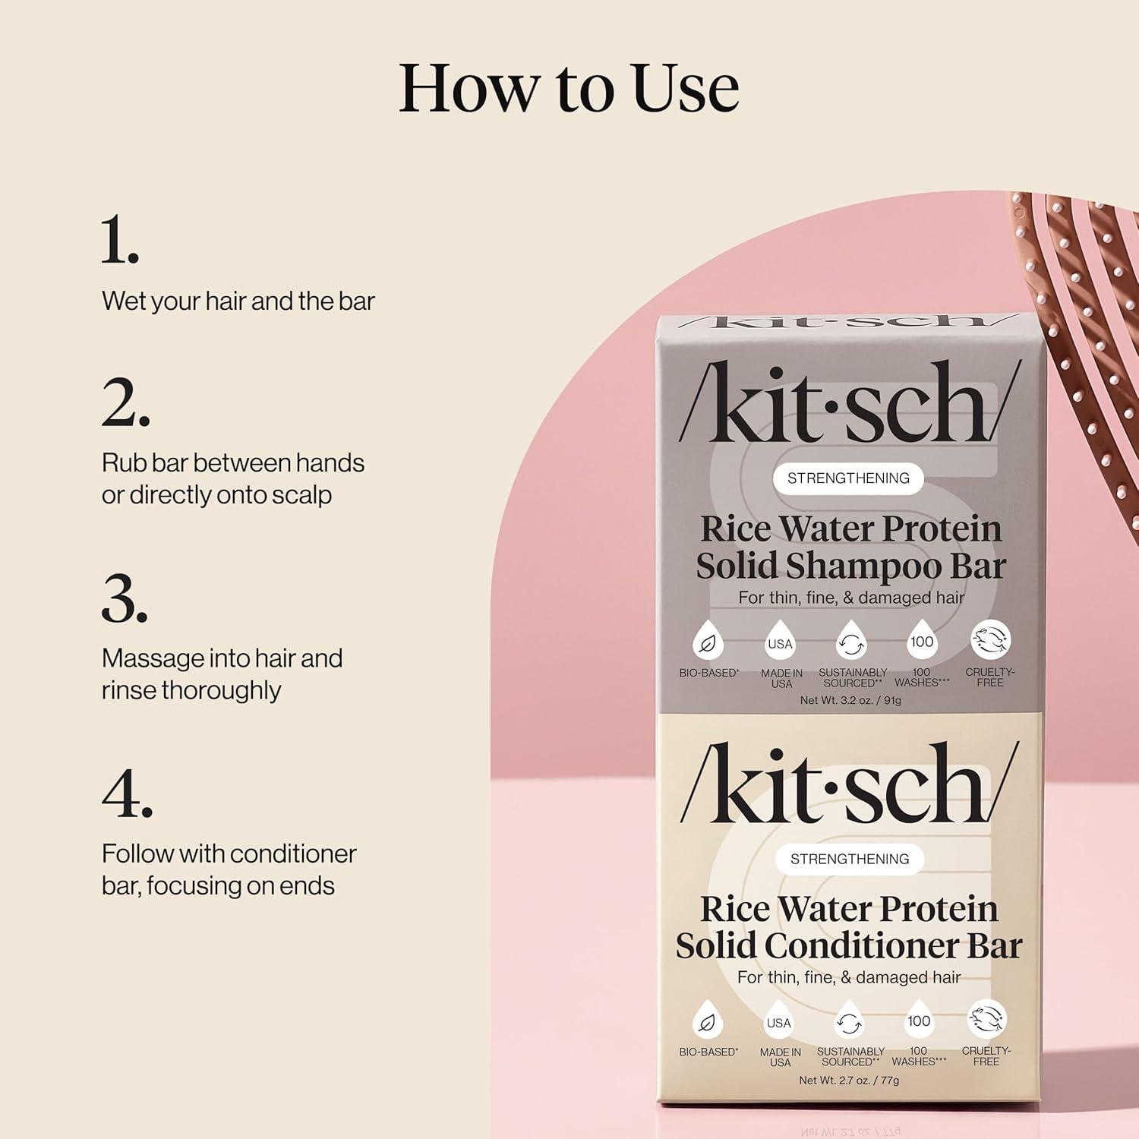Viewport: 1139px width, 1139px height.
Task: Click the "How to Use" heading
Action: pyautogui.click(x=569, y=88)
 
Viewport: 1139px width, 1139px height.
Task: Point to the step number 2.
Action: pyautogui.click(x=125, y=402)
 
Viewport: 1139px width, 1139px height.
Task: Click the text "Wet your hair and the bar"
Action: pyautogui.click(x=238, y=301)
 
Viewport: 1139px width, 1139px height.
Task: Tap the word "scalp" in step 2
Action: pyautogui.click(x=303, y=495)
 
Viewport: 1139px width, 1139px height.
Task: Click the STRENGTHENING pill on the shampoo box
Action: pyautogui.click(x=848, y=478)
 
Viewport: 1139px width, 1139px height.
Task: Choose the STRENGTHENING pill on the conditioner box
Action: pyautogui.click(x=850, y=859)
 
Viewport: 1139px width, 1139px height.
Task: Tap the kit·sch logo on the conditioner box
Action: pyautogui.click(x=848, y=784)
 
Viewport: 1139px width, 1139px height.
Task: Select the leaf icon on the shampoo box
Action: pyautogui.click(x=708, y=642)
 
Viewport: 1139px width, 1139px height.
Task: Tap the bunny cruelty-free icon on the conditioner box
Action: pyautogui.click(x=986, y=1019)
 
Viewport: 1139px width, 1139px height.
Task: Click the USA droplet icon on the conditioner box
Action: pyautogui.click(x=779, y=1022)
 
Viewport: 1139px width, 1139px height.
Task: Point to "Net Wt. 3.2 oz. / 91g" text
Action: pyautogui.click(x=850, y=700)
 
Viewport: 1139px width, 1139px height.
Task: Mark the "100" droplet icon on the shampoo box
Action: pyautogui.click(x=922, y=642)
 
